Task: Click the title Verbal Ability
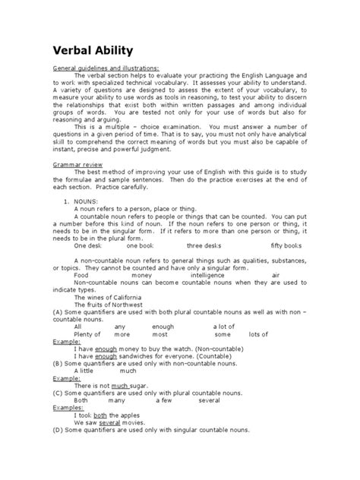click(x=92, y=51)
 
